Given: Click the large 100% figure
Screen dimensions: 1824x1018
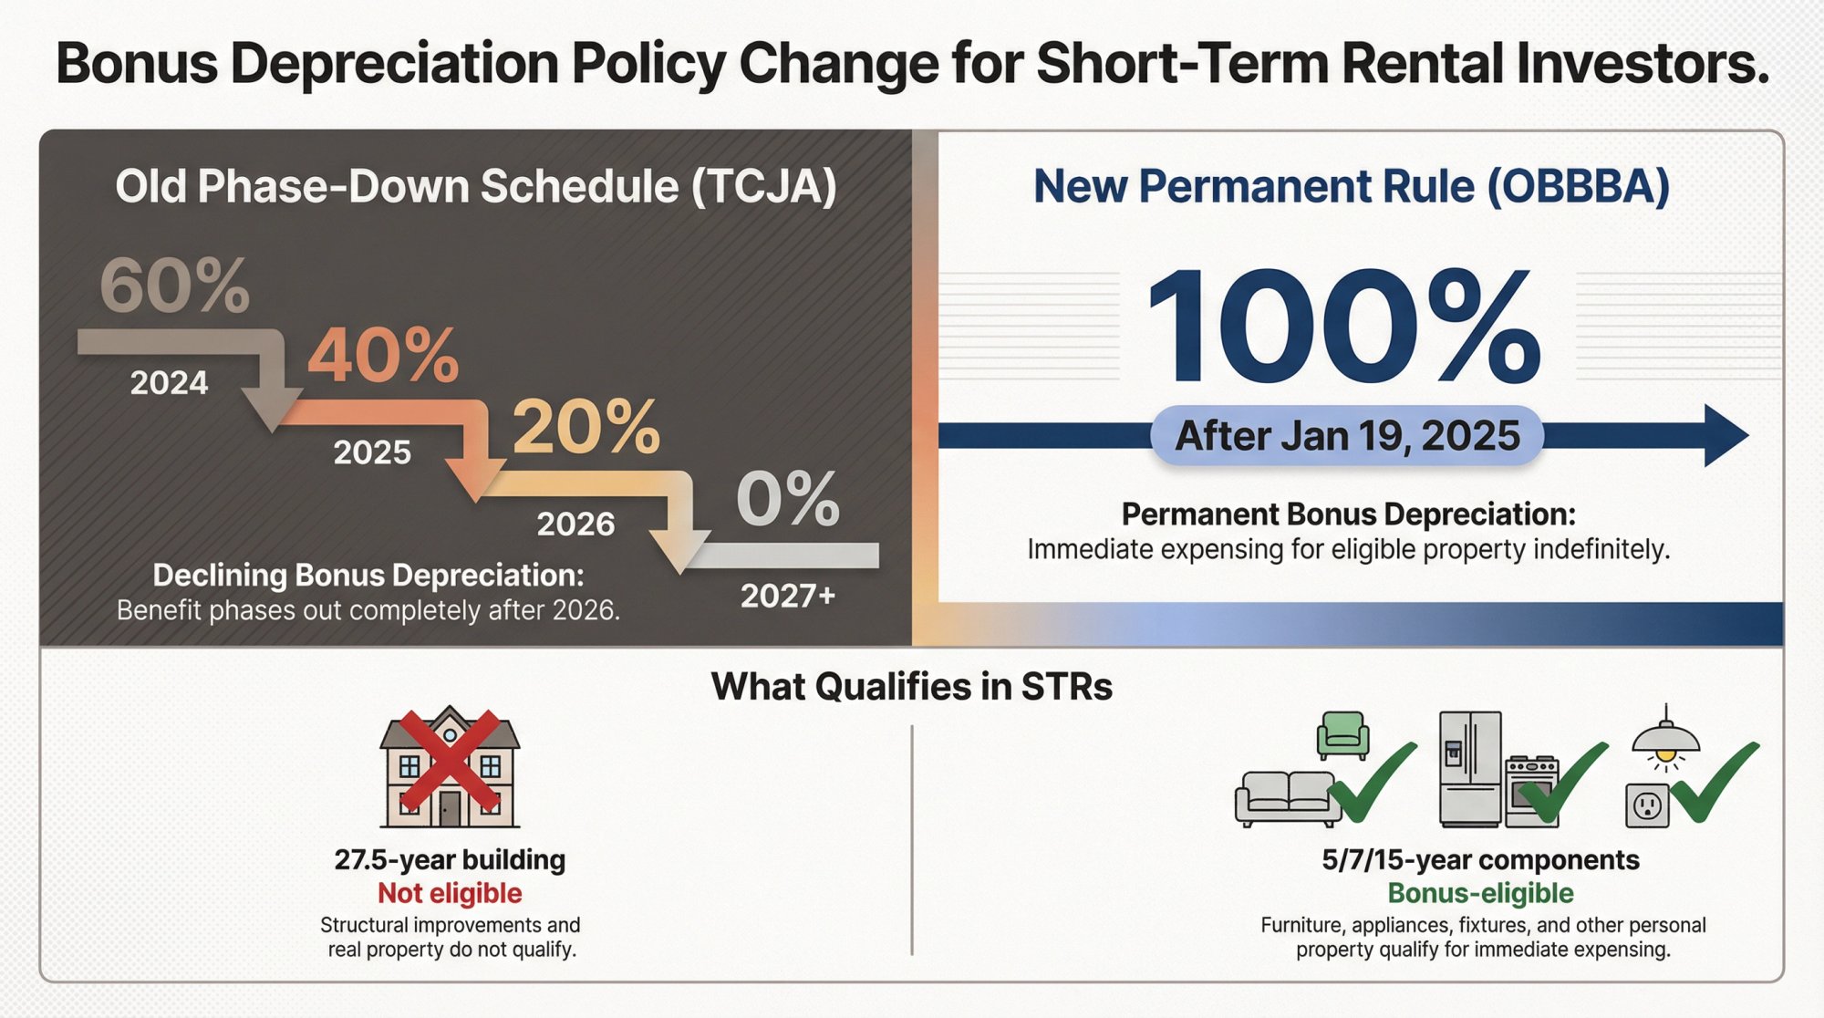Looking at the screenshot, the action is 1344,326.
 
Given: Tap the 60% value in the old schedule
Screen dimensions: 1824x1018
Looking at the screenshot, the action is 174,286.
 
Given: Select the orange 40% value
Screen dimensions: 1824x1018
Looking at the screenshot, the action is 383,356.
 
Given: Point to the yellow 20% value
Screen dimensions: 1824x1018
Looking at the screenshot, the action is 586,427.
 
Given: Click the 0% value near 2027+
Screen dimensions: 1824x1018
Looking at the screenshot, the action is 787,499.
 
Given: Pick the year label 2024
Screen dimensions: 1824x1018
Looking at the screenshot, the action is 169,383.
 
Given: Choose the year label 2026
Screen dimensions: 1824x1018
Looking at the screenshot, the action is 575,525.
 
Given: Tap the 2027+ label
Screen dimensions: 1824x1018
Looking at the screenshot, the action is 787,596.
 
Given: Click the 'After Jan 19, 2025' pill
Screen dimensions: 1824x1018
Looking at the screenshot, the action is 1347,436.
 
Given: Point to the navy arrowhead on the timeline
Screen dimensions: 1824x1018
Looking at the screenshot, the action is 1724,436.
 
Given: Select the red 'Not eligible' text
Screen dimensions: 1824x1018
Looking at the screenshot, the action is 450,893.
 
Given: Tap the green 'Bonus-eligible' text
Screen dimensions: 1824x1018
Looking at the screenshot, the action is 1480,893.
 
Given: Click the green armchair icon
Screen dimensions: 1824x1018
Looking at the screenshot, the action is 1342,735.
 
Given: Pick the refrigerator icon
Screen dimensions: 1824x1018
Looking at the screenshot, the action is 1469,768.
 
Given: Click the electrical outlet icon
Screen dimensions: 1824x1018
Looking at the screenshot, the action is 1647,805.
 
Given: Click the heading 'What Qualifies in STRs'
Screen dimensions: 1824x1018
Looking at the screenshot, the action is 911,687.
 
